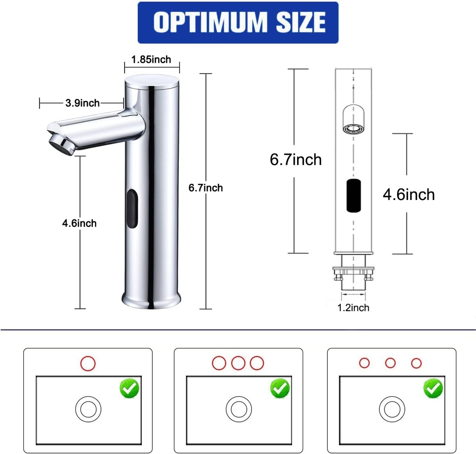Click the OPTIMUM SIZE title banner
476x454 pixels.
coord(238,22)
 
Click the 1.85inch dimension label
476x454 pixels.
coord(151,60)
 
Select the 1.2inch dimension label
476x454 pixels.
coord(353,307)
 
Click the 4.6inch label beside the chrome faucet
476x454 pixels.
coord(79,223)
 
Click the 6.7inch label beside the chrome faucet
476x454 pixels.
coord(205,188)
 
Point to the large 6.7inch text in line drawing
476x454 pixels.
coord(296,160)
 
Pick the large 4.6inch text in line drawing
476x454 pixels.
coord(409,194)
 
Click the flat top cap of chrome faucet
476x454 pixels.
coord(152,80)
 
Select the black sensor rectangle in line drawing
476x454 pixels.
coord(355,195)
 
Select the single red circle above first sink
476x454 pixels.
coord(87,363)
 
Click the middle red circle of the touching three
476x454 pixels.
coord(238,363)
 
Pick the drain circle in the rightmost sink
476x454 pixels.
coord(392,409)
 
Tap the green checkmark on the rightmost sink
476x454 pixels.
coord(433,388)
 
